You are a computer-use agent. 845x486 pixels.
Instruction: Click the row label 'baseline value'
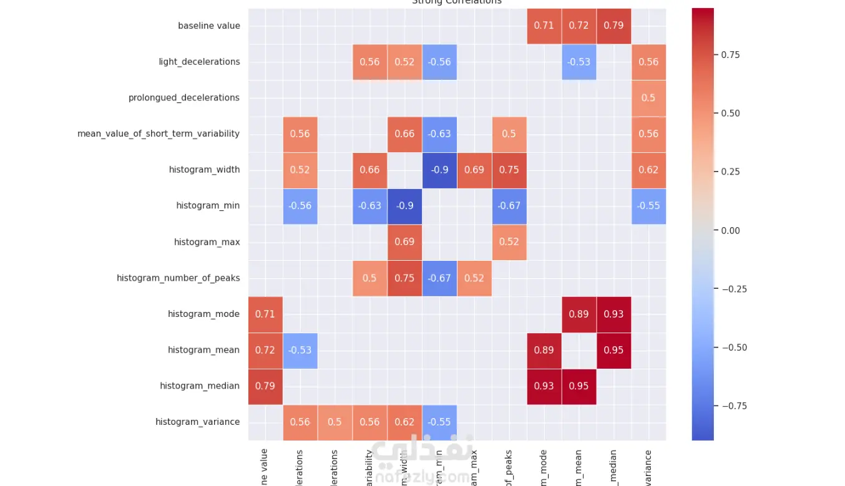pyautogui.click(x=208, y=26)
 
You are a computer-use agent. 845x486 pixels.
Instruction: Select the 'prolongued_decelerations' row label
pyautogui.click(x=183, y=98)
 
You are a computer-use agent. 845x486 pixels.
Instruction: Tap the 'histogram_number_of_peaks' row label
pyautogui.click(x=178, y=278)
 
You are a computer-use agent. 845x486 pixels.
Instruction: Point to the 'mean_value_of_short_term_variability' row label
pyautogui.click(x=158, y=134)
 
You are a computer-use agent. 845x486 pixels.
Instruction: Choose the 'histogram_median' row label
pyautogui.click(x=199, y=386)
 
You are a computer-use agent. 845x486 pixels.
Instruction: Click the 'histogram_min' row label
pyautogui.click(x=208, y=206)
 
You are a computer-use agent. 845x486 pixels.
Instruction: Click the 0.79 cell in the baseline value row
pyautogui.click(x=613, y=26)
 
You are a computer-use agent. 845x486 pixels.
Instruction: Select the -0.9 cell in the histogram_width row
pyautogui.click(x=439, y=170)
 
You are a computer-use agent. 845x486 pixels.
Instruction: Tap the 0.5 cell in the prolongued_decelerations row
pyautogui.click(x=648, y=98)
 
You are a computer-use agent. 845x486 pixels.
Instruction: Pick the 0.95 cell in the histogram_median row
pyautogui.click(x=579, y=386)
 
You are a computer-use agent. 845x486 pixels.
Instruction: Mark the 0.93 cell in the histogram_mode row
pyautogui.click(x=613, y=314)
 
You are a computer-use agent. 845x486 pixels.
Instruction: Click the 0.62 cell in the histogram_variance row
pyautogui.click(x=404, y=422)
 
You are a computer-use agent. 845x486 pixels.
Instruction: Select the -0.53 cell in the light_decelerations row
pyautogui.click(x=579, y=62)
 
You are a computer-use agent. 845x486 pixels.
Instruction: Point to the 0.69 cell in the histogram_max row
pyautogui.click(x=404, y=242)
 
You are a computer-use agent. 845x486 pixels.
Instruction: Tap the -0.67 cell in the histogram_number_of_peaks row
pyautogui.click(x=439, y=278)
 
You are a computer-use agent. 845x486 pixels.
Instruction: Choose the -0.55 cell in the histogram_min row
pyautogui.click(x=648, y=206)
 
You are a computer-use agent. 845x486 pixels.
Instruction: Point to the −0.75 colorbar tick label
pyautogui.click(x=733, y=406)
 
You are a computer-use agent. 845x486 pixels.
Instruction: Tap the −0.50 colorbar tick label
pyautogui.click(x=733, y=347)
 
